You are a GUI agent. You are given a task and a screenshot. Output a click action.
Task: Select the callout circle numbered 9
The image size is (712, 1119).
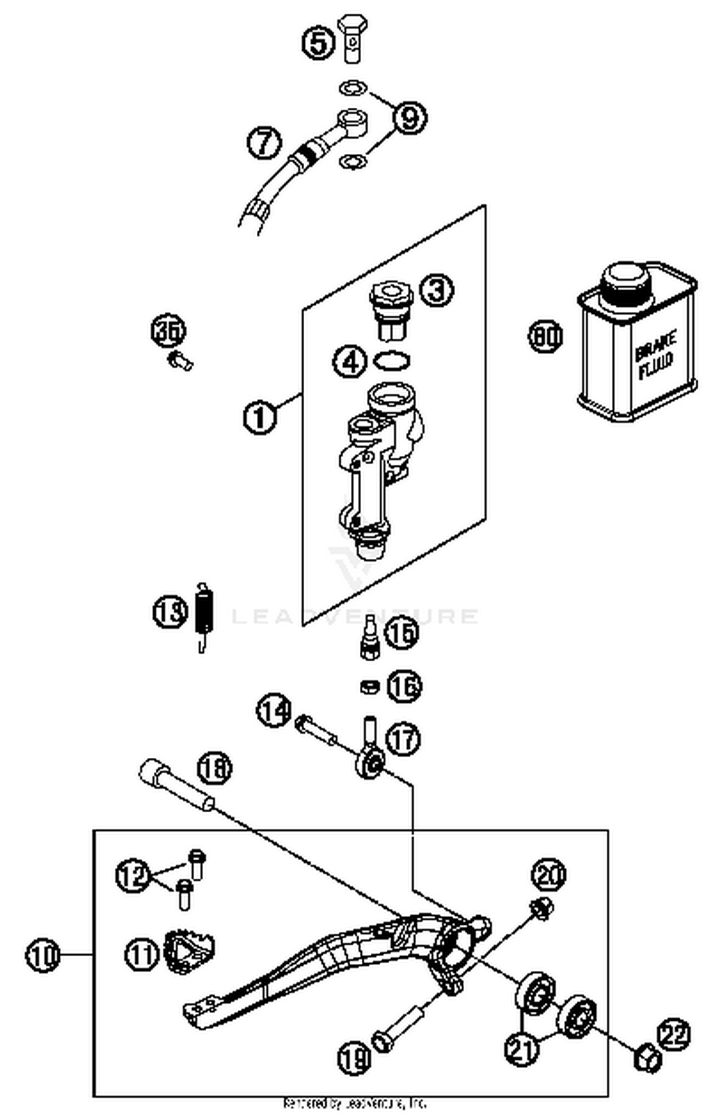pyautogui.click(x=409, y=116)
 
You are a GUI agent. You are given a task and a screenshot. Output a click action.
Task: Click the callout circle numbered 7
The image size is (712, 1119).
pyautogui.click(x=264, y=141)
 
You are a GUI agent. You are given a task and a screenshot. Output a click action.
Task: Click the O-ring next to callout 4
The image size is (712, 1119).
pyautogui.click(x=392, y=360)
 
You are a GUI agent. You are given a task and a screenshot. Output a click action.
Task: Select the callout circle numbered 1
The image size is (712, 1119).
pyautogui.click(x=259, y=417)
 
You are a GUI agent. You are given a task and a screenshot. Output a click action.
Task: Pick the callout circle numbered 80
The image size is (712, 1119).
pyautogui.click(x=545, y=336)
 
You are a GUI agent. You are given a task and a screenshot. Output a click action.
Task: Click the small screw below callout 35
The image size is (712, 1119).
pyautogui.click(x=181, y=361)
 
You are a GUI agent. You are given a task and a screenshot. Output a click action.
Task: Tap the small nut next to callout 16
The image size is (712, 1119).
pyautogui.click(x=369, y=686)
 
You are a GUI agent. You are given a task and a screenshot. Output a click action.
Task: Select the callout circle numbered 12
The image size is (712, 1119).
pyautogui.click(x=133, y=875)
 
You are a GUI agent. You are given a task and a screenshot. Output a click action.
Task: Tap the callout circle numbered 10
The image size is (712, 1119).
pyautogui.click(x=43, y=955)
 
